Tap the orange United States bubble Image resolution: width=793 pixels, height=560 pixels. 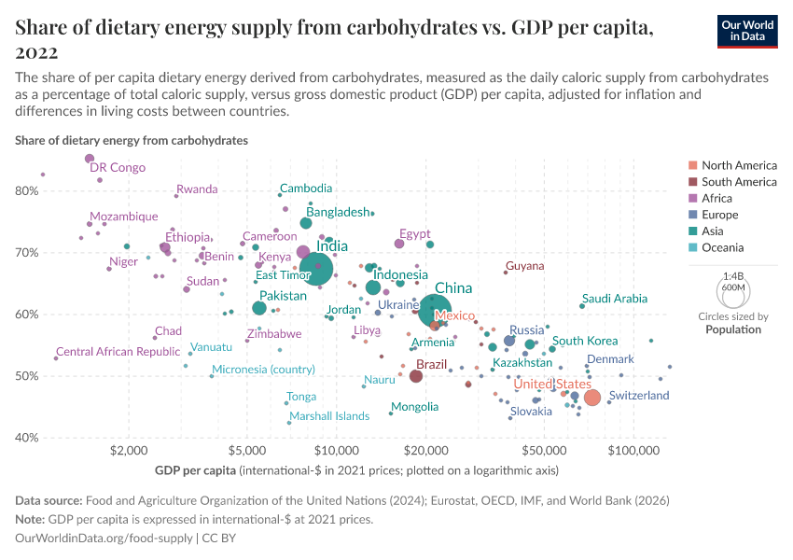click(x=591, y=399)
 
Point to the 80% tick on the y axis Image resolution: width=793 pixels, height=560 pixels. click(x=26, y=190)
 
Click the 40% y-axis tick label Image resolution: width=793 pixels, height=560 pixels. click(x=26, y=438)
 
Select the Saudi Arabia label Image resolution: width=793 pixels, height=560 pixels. click(x=614, y=299)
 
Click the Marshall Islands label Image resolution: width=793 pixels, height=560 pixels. click(x=329, y=416)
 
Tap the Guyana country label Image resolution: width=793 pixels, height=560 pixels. click(x=524, y=266)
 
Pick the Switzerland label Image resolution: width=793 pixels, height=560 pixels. click(x=639, y=396)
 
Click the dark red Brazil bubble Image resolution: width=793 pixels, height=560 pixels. click(x=416, y=376)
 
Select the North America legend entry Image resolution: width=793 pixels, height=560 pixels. click(x=738, y=165)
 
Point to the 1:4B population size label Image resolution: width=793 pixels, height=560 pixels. click(x=732, y=276)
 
